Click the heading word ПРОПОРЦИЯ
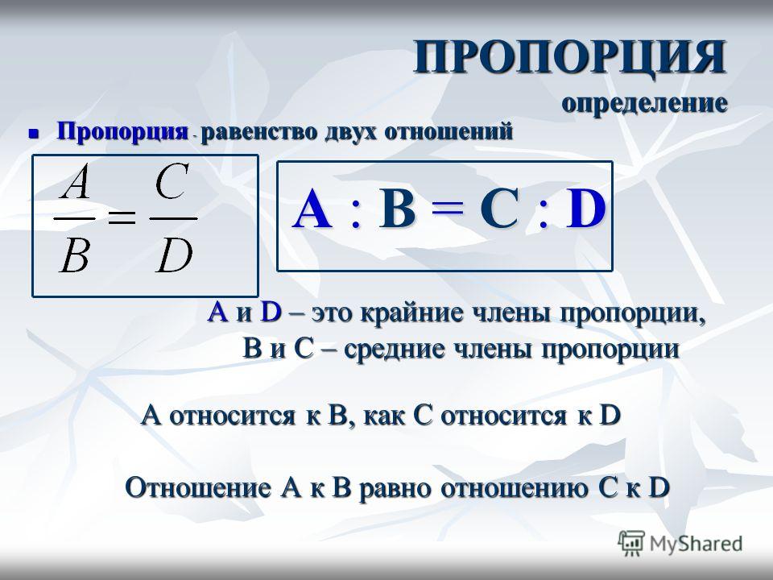[x=570, y=57]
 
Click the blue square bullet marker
[x=34, y=133]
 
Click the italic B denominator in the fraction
[x=74, y=255]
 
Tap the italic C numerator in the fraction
[x=172, y=181]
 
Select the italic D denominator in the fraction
[x=174, y=255]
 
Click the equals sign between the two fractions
[x=122, y=217]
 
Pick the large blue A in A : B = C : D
[x=312, y=209]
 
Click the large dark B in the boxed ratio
[x=396, y=209]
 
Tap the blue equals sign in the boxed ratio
[x=448, y=210]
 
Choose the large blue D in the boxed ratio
[x=585, y=209]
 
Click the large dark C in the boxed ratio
[x=499, y=209]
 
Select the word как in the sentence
[x=384, y=416]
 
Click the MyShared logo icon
[x=631, y=543]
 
